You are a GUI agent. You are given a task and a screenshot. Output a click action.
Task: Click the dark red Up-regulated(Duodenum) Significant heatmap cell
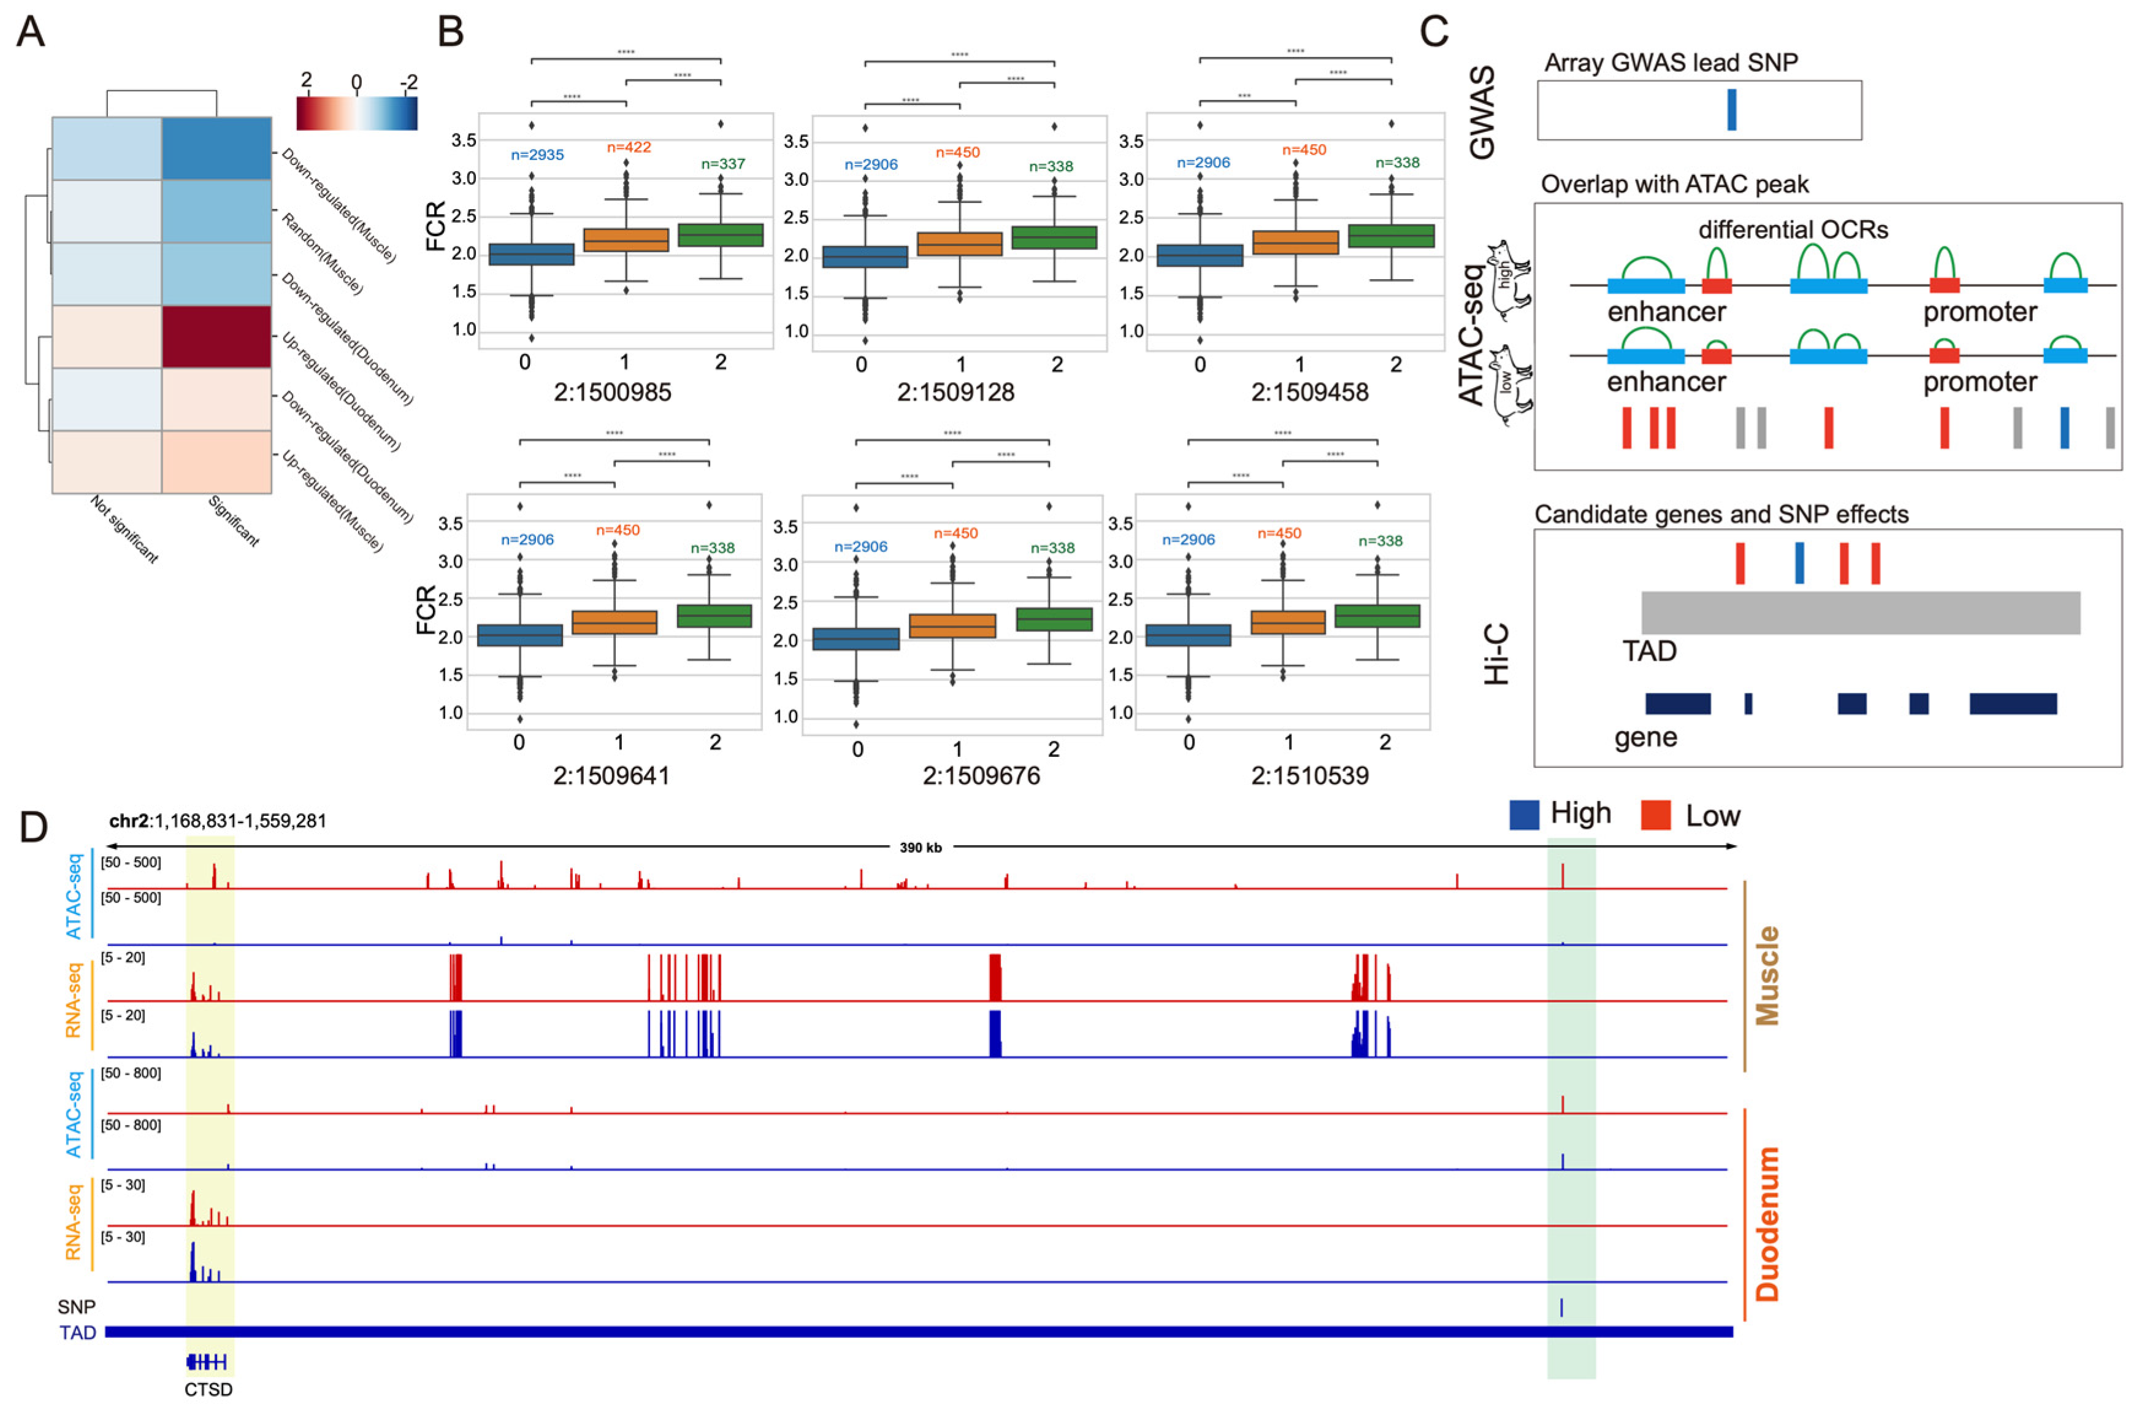pyautogui.click(x=216, y=336)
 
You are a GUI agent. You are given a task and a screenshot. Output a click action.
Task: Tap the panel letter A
pyautogui.click(x=31, y=33)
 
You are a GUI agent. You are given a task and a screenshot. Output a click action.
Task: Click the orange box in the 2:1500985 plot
pyautogui.click(x=626, y=240)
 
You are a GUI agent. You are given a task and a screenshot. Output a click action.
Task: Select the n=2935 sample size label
pyautogui.click(x=537, y=155)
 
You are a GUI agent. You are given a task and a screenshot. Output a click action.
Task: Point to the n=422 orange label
pyautogui.click(x=629, y=147)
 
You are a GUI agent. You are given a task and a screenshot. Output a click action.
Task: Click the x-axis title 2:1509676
pyautogui.click(x=981, y=775)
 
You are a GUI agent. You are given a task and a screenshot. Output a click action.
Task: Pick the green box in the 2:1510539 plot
pyautogui.click(x=1377, y=616)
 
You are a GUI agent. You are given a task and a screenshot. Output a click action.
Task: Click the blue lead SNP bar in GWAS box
pyautogui.click(x=1731, y=110)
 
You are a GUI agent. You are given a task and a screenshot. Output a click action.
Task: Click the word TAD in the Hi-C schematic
pyautogui.click(x=1648, y=651)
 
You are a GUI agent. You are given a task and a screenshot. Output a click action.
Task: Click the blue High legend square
pyautogui.click(x=1523, y=815)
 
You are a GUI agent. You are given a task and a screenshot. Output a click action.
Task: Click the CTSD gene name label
pyautogui.click(x=208, y=1389)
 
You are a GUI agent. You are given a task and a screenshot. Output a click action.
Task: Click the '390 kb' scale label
pyautogui.click(x=920, y=847)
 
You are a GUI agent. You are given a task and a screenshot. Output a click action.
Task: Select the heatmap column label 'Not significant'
pyautogui.click(x=124, y=529)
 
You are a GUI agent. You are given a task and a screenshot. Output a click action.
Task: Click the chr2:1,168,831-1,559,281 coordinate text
pyautogui.click(x=217, y=820)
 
